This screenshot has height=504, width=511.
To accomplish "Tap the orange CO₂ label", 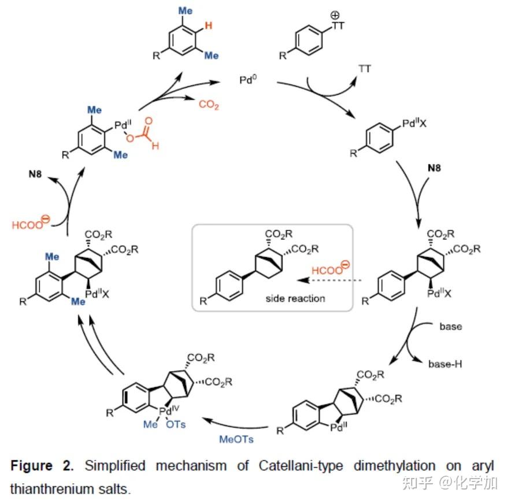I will [x=209, y=105].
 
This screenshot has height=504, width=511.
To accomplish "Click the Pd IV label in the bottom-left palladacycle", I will [x=170, y=412].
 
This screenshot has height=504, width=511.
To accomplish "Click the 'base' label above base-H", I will [x=450, y=327].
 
